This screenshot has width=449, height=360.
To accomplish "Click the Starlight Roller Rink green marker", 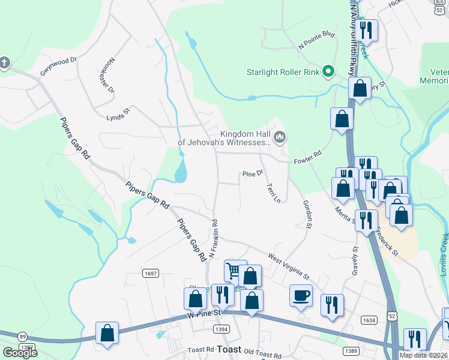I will click(x=328, y=72).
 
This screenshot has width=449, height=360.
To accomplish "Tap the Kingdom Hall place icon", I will click(x=279, y=138).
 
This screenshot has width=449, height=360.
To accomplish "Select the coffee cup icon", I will click(x=301, y=294).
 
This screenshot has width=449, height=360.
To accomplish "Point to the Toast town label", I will click(x=229, y=349).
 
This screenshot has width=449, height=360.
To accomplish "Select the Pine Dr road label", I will click(x=253, y=173).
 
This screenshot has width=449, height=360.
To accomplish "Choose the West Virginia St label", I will click(x=288, y=268).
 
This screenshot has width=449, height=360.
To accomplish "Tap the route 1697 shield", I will click(x=151, y=273).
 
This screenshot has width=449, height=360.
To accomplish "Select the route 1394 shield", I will click(x=221, y=328).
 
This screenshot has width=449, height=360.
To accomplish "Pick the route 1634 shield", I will click(x=369, y=320).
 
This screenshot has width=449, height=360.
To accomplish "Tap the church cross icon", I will click(x=4, y=62).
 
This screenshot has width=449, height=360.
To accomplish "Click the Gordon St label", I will click(x=307, y=215).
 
